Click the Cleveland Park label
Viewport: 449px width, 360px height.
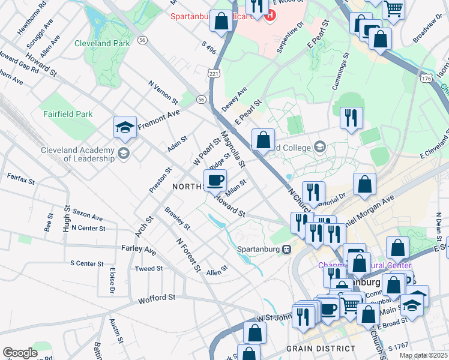[101, 43]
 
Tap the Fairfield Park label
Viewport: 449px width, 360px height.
[67, 113]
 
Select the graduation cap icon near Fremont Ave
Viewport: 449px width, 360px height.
[124, 127]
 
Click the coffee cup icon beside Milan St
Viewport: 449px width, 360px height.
[215, 180]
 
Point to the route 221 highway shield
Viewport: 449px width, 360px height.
[214, 73]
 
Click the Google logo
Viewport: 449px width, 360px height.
[20, 353]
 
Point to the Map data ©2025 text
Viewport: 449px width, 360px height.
[424, 355]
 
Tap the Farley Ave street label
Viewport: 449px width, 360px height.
[139, 248]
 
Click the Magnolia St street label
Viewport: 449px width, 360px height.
[233, 149]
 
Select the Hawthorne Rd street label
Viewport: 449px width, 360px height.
[41, 10]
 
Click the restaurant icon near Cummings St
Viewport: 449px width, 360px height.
[351, 118]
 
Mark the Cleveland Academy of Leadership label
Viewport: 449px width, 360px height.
[77, 154]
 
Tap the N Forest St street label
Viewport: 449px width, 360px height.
[188, 254]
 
